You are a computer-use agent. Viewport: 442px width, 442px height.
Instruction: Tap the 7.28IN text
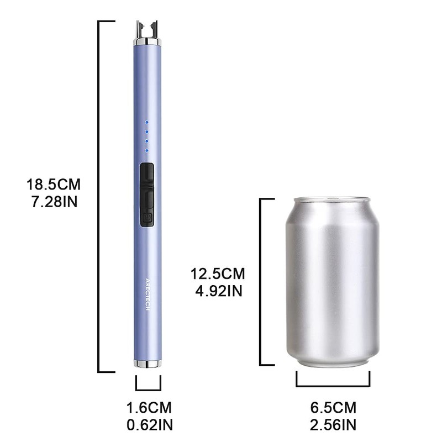[x=54, y=200]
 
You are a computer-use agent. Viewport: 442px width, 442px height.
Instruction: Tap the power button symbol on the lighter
[x=147, y=219]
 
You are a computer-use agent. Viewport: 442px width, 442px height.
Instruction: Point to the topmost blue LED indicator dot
[x=147, y=123]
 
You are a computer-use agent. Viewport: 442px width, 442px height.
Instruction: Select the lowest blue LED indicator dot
[x=147, y=150]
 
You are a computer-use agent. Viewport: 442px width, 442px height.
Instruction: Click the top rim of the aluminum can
[x=331, y=199]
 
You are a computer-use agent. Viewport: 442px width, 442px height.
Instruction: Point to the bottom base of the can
[x=331, y=362]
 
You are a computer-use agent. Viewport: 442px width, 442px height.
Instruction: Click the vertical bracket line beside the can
[x=261, y=282]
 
